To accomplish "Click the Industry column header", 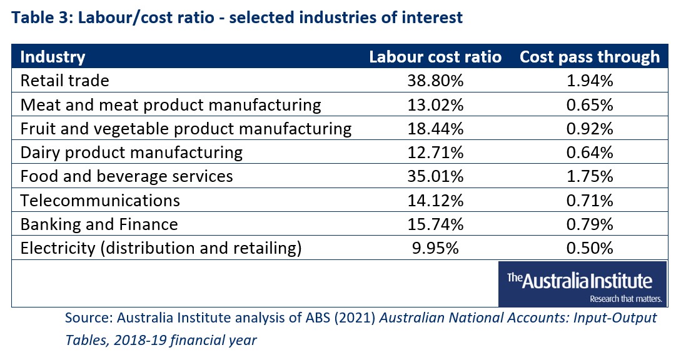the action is tap(53, 57).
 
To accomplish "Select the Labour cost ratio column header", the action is tap(435, 57).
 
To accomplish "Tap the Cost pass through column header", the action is tap(589, 57).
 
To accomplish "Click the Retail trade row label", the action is tap(64, 81).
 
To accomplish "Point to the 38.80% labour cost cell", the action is tap(435, 81).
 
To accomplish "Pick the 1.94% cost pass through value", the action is tap(589, 81).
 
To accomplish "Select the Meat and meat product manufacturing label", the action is tap(171, 105).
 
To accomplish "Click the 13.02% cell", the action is tap(435, 105).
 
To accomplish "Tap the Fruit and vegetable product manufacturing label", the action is tap(186, 129).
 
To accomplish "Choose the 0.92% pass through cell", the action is tap(589, 129).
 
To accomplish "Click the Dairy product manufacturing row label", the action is tap(131, 153).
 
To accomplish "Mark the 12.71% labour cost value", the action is tap(435, 153).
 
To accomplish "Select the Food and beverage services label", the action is tap(127, 177).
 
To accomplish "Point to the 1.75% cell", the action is tap(589, 177).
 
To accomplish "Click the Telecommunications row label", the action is tap(100, 201).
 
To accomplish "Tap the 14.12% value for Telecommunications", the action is tap(435, 201).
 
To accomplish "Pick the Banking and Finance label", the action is tap(99, 224).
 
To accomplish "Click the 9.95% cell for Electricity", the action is tap(435, 248).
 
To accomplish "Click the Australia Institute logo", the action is tap(582, 284).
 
